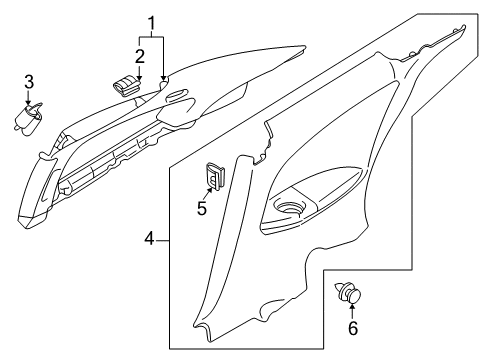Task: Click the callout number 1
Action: [152, 21]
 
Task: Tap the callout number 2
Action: [141, 56]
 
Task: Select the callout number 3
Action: [29, 81]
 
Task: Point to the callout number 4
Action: [149, 240]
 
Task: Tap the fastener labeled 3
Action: [28, 120]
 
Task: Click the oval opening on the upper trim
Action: [175, 96]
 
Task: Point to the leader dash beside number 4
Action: [164, 240]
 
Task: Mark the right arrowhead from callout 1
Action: [164, 77]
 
